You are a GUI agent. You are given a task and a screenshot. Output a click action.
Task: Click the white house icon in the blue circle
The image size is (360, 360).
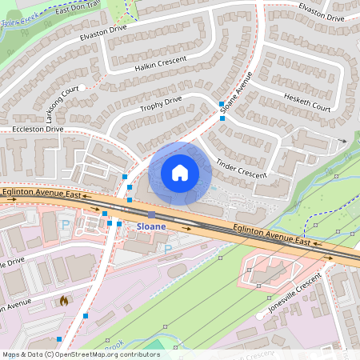(180, 173)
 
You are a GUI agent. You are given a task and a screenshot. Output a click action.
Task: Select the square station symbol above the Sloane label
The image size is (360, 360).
(151, 214)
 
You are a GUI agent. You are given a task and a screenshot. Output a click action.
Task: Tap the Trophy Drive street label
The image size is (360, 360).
(162, 104)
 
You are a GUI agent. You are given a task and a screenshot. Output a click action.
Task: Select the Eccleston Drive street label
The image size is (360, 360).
(31, 128)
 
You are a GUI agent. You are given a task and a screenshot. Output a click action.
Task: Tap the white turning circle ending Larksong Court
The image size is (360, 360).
(82, 88)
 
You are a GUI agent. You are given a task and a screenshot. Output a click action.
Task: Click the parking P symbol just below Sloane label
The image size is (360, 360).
(167, 249)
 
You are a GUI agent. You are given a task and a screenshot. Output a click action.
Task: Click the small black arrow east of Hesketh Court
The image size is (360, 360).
(343, 141)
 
